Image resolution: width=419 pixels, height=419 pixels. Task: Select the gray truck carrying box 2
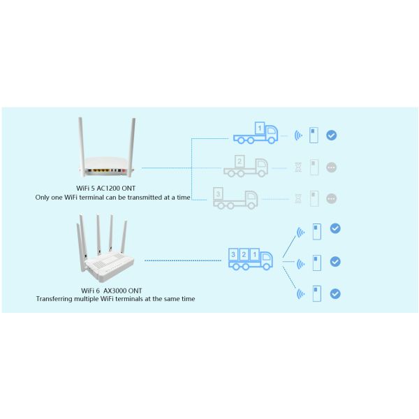point(246,166)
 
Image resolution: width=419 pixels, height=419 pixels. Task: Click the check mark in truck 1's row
point(332,135)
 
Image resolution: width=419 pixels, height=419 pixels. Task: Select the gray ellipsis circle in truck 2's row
point(332,168)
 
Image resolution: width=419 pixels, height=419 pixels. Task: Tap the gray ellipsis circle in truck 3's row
point(332,199)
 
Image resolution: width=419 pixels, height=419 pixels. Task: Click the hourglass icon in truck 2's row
point(299,168)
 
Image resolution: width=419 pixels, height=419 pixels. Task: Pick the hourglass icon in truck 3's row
point(299,199)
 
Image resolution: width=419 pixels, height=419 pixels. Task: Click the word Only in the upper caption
point(43,197)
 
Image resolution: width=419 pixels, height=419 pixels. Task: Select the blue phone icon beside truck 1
point(314,135)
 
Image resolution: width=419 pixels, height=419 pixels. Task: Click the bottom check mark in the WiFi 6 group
point(335,293)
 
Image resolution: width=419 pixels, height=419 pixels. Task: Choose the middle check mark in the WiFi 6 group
point(335,262)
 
